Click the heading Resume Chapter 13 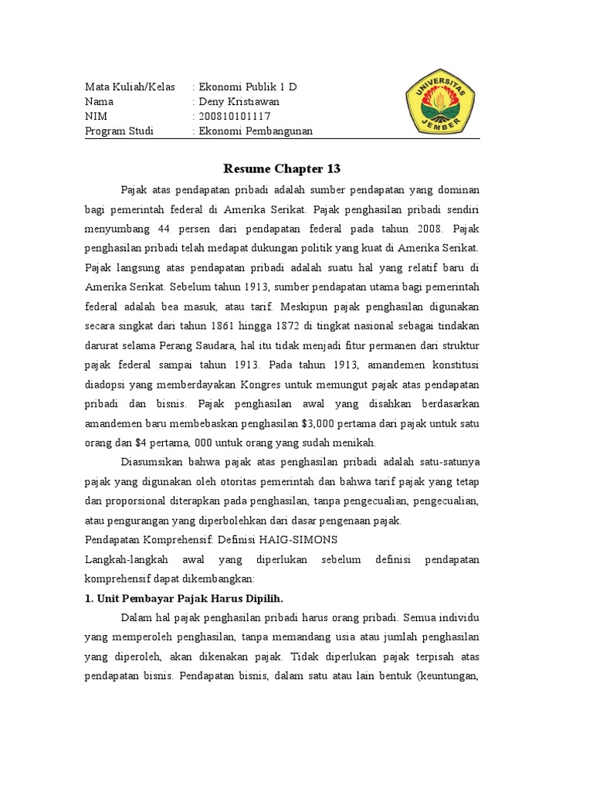point(282,168)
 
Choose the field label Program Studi point(119,131)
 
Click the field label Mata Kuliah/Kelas point(130,87)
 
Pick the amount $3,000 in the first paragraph point(330,423)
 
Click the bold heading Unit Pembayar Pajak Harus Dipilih point(190,599)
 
